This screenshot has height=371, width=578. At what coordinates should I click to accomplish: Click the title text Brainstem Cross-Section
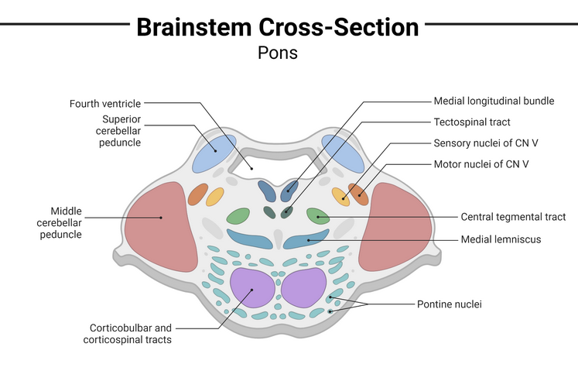278,27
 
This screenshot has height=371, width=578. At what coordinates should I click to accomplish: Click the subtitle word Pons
277,53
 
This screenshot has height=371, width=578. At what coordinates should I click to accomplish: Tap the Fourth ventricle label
104,103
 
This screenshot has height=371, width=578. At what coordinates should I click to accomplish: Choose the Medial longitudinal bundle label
494,101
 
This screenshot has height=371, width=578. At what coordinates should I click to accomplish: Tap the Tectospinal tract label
472,122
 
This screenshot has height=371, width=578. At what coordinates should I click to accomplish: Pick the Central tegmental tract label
513,217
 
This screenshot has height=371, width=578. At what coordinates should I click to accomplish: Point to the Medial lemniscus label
501,239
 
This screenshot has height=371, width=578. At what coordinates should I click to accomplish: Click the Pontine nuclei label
449,304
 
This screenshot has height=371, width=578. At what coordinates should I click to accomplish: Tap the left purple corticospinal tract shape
252,290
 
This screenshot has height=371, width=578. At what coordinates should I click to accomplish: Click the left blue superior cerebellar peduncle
214,153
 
